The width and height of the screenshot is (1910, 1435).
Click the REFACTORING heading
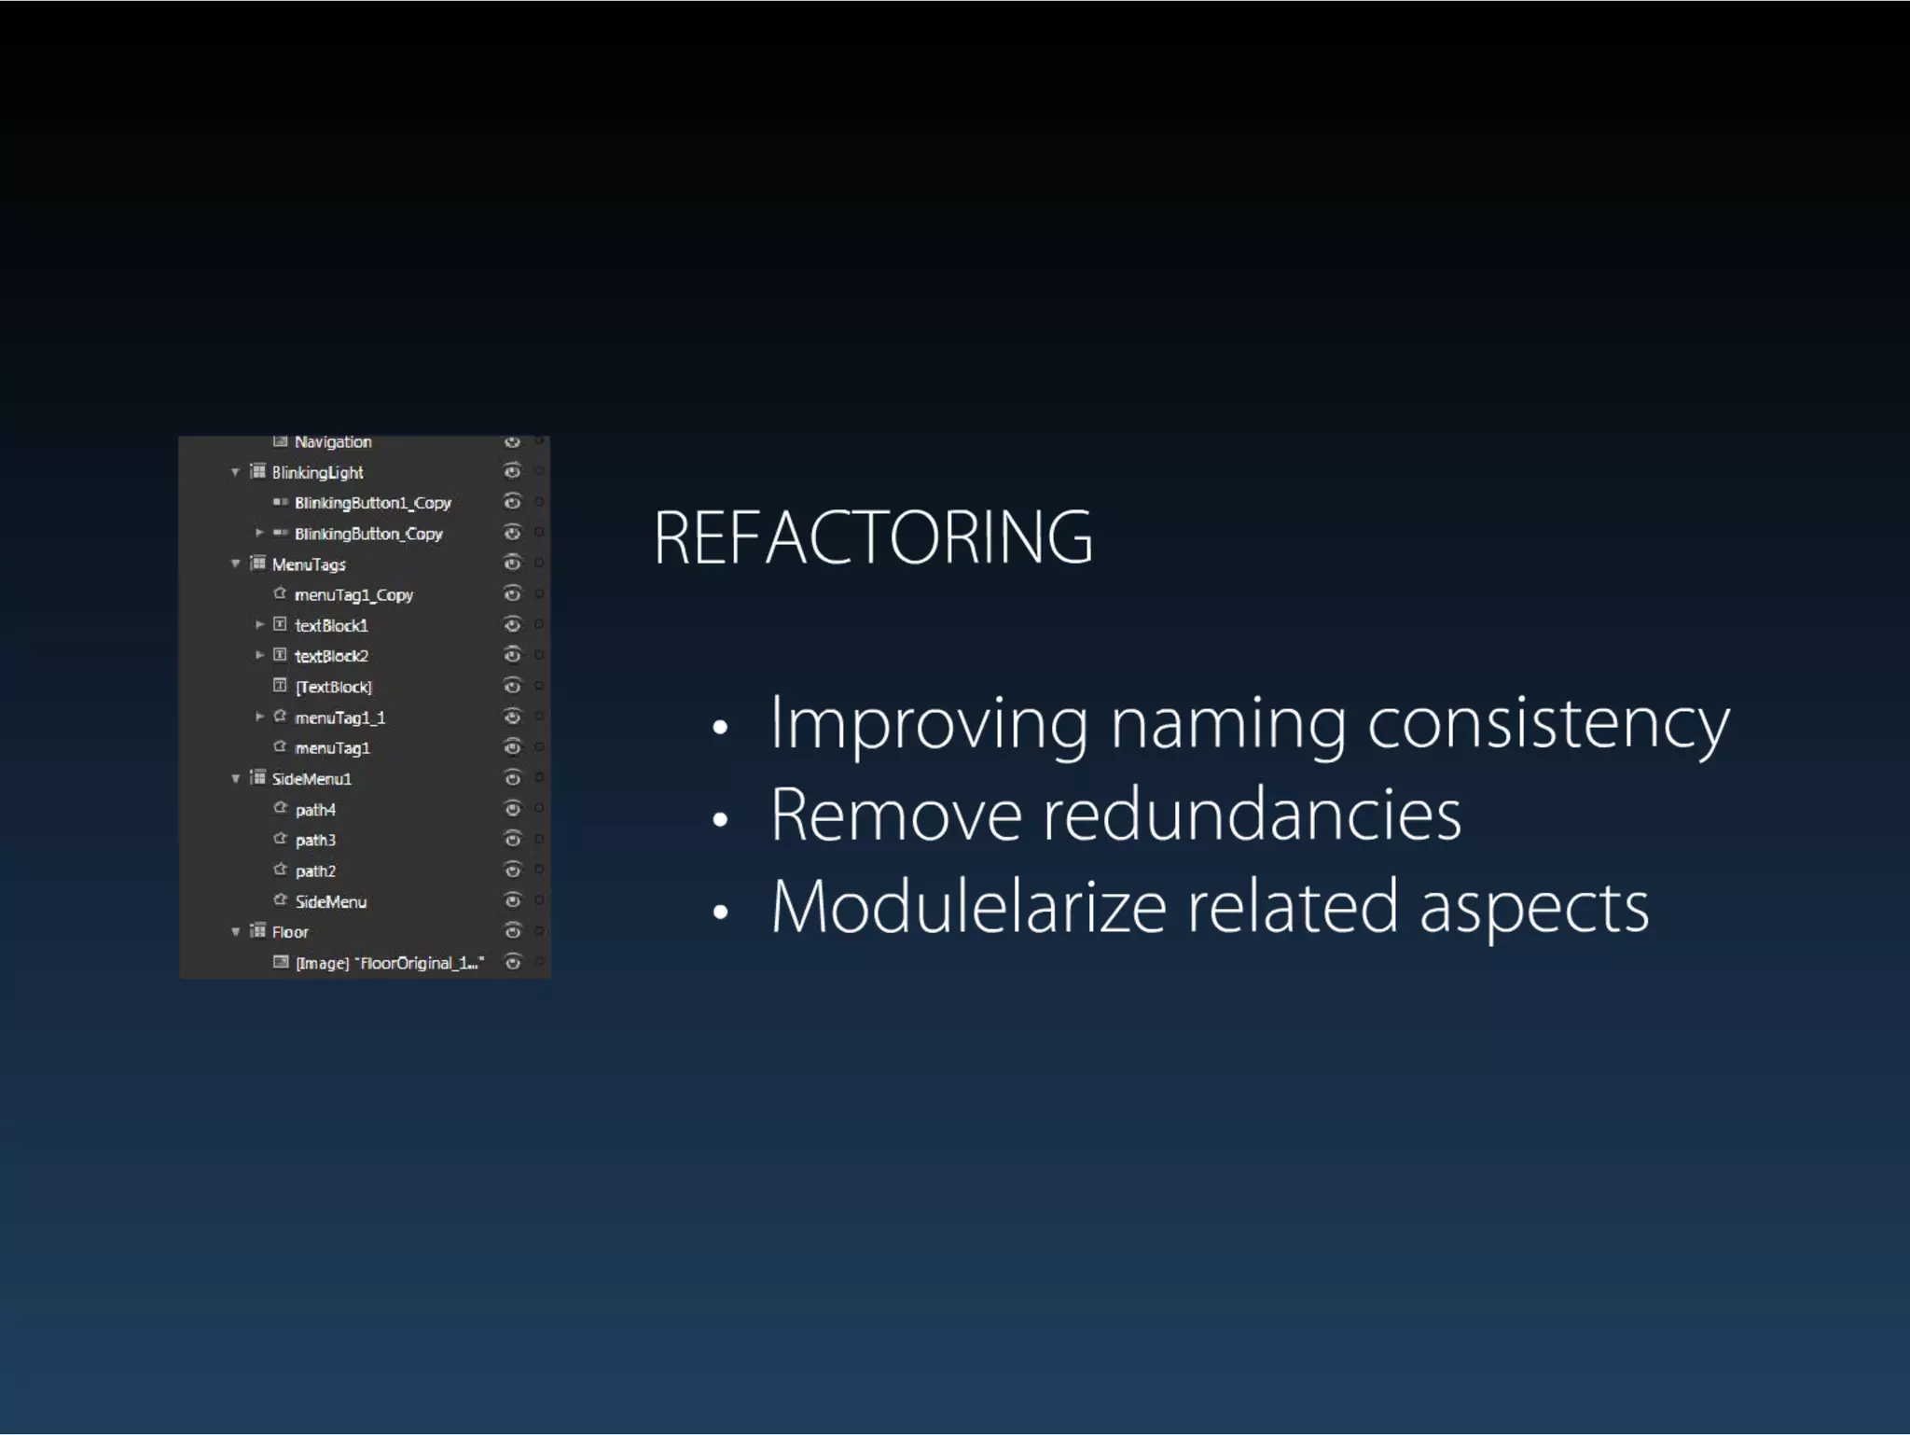pos(872,538)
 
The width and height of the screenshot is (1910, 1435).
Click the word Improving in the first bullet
pos(928,724)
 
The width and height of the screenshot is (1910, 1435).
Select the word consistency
pos(1548,724)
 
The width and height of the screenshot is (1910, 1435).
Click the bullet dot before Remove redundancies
pos(719,820)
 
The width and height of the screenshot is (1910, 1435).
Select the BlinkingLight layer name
pos(317,472)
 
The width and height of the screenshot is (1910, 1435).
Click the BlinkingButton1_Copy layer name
pos(372,503)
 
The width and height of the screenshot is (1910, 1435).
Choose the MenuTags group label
pos(309,564)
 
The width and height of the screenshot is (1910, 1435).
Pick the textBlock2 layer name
pos(331,656)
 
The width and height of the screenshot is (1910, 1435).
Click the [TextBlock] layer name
pos(333,687)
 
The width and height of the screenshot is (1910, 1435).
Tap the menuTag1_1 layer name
pos(339,717)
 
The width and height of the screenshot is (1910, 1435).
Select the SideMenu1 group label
pos(311,779)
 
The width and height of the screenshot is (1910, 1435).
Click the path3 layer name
pos(315,840)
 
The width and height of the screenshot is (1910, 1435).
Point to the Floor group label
pos(290,932)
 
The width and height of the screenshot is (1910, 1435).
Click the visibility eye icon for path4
pos(512,809)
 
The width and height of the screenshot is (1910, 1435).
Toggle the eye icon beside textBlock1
pos(512,625)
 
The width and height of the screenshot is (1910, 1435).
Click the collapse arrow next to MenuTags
pos(235,564)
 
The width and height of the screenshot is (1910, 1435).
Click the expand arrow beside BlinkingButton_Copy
pos(259,533)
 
